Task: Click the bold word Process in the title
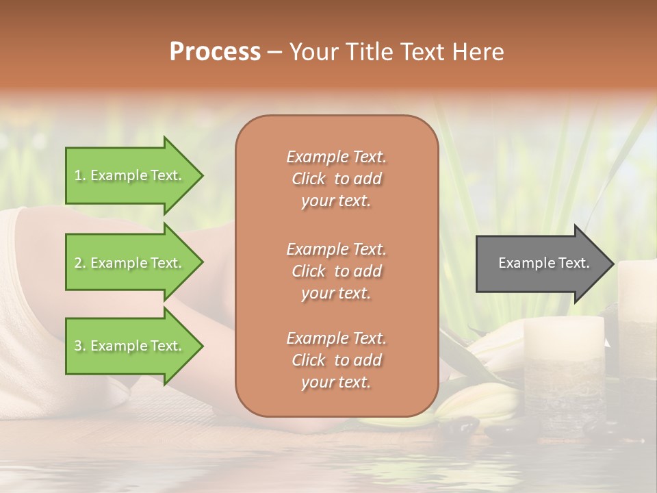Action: [x=215, y=52]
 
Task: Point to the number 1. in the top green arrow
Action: [x=80, y=176]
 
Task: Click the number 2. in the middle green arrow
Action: [x=80, y=263]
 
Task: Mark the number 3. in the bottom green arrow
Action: [x=80, y=346]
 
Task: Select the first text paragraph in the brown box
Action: [x=336, y=179]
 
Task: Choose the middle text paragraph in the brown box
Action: [x=336, y=271]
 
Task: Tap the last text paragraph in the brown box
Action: [x=336, y=360]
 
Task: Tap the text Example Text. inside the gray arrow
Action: [x=543, y=263]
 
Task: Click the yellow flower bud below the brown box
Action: [x=472, y=403]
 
